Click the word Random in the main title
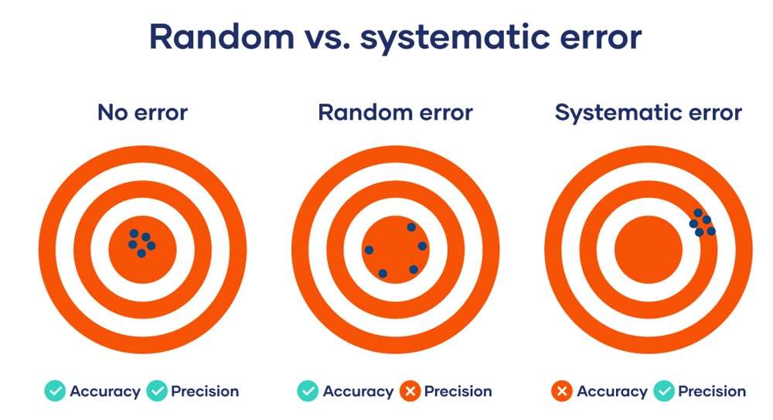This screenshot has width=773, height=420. [222, 37]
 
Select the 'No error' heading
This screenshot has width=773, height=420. [142, 112]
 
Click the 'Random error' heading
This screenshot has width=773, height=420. [395, 112]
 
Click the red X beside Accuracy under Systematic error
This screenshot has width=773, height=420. [561, 391]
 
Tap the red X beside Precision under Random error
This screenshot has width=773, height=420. [410, 391]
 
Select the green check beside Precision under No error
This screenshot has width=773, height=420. [157, 391]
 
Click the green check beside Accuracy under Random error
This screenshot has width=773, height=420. [308, 391]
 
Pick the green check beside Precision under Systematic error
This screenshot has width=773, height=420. [664, 391]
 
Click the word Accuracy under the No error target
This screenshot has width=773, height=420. [105, 392]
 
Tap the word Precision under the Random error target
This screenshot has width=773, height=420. [458, 391]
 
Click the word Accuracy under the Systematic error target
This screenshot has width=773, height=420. [612, 392]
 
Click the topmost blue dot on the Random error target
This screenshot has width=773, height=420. [411, 227]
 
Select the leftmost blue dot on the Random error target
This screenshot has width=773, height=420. [369, 251]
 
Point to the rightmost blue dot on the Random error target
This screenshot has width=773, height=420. [422, 246]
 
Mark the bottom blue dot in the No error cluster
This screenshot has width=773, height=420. [141, 253]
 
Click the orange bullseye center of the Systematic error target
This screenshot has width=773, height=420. [649, 250]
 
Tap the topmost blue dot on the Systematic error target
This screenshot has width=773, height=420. [698, 213]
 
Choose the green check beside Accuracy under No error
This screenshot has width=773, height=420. [55, 391]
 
